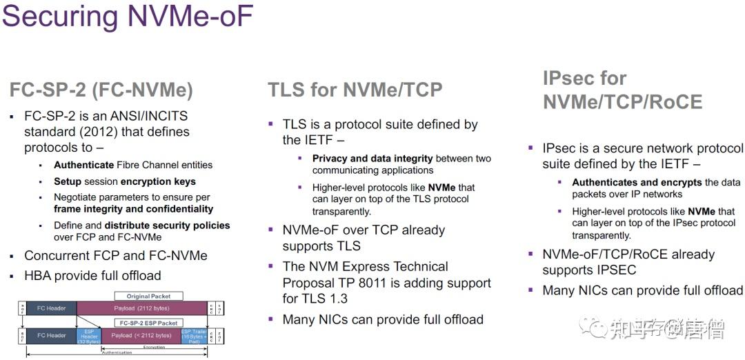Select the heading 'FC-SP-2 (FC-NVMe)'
pos(101,90)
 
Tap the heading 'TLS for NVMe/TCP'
pos(355,89)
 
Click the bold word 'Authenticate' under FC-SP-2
pos(84,165)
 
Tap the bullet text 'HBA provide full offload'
pos(92,276)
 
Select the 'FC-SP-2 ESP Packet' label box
pos(148,323)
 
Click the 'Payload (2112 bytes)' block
pos(143,308)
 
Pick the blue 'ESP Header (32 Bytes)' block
pos(89,336)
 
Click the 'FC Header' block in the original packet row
pos(52,308)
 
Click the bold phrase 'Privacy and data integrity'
pos(372,159)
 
